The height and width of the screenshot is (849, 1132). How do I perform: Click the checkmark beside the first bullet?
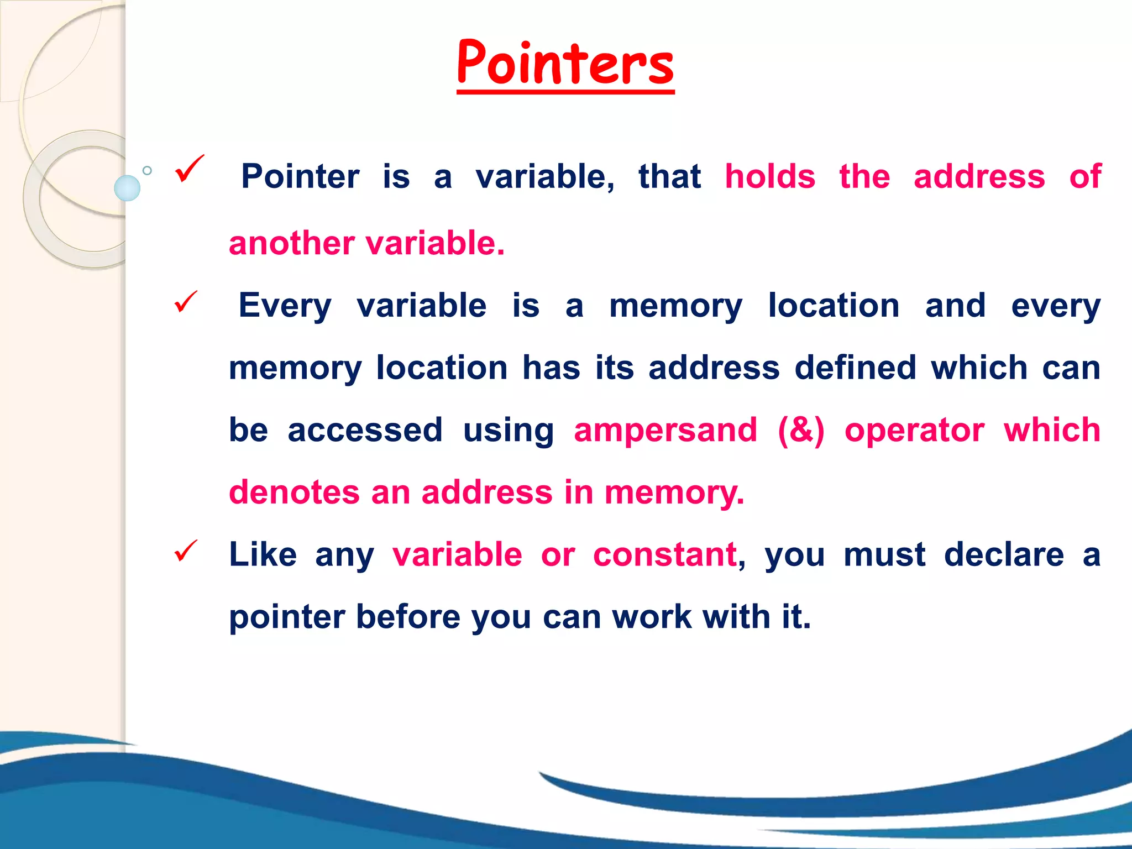(x=188, y=169)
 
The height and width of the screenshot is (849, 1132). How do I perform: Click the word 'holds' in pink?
(x=770, y=177)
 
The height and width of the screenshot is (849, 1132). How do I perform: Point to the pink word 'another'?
(x=291, y=243)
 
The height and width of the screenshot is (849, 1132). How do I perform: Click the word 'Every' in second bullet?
(x=284, y=306)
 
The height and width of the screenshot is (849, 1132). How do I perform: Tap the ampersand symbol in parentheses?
(x=801, y=430)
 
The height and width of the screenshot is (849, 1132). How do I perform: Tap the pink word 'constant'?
(x=664, y=554)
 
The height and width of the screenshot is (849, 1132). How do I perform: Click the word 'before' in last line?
(x=407, y=617)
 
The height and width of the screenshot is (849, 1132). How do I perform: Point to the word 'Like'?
(x=263, y=554)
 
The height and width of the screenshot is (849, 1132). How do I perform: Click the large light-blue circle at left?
(x=127, y=188)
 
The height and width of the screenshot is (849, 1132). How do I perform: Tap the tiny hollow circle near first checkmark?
(x=147, y=171)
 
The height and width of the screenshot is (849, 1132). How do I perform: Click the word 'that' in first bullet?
(x=669, y=177)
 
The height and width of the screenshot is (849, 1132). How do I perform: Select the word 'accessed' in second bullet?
(x=365, y=430)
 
